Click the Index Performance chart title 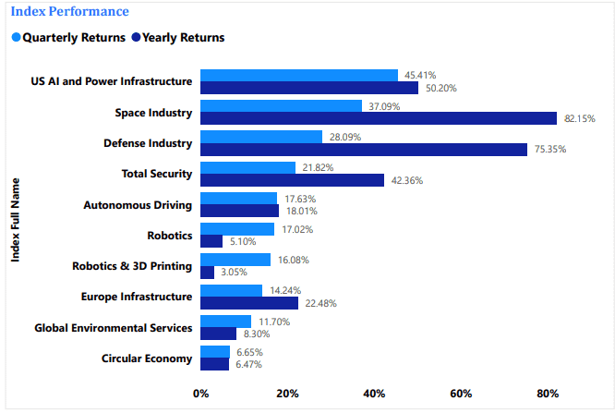click(69, 12)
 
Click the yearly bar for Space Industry click(379, 118)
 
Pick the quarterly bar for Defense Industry click(261, 137)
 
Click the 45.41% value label click(417, 75)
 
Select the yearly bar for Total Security click(292, 180)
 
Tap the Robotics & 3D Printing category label click(132, 266)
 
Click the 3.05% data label click(235, 273)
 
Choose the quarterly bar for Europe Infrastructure click(231, 290)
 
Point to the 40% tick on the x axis click(374, 395)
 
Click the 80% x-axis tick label click(548, 395)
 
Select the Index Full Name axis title click(16, 220)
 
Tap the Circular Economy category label click(147, 358)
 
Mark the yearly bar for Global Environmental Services click(218, 334)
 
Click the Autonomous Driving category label click(138, 204)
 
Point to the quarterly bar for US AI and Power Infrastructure click(299, 75)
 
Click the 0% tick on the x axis click(200, 395)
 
